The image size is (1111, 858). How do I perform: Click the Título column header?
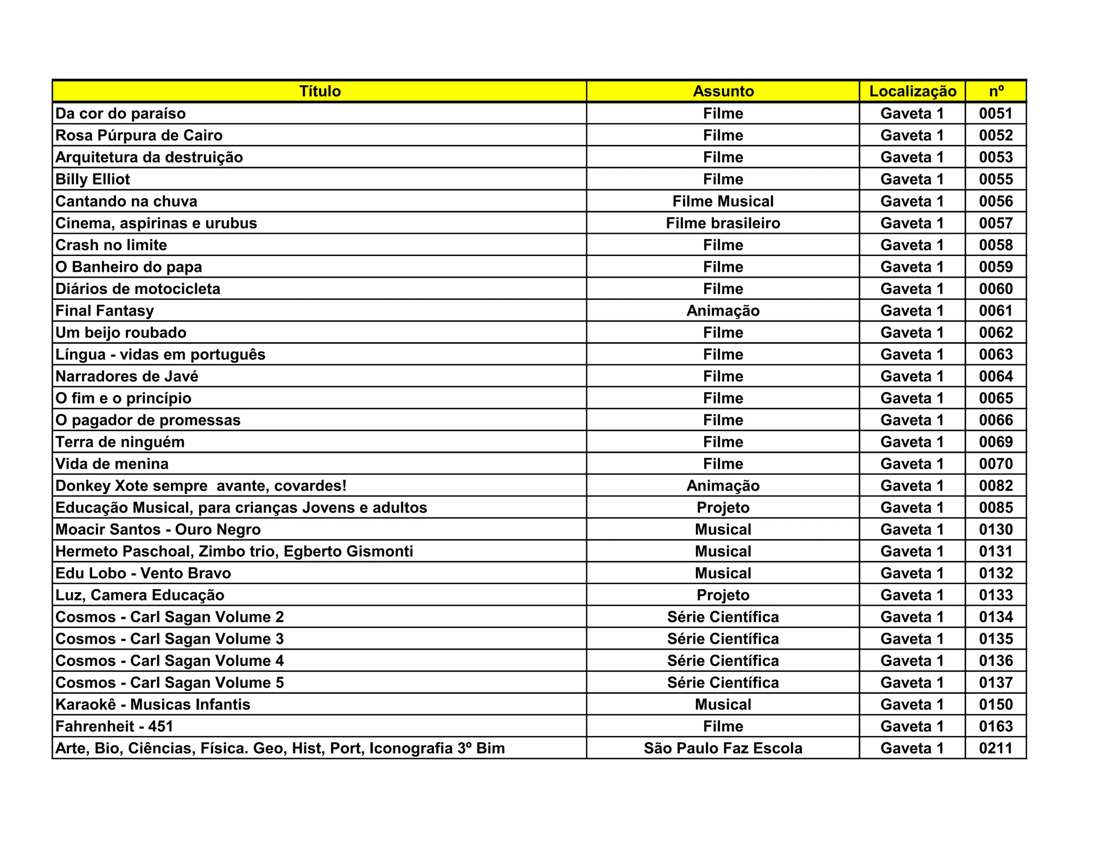coord(320,91)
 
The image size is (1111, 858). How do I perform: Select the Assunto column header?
coord(723,91)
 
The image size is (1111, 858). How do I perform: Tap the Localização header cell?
coord(912,91)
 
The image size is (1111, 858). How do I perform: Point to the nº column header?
coord(996,91)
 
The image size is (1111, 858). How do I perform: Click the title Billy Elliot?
coord(93,179)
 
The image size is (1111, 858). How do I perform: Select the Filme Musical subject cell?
coord(723,201)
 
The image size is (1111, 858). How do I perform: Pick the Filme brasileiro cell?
coord(723,223)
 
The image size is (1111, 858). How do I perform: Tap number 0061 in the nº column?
coord(996,311)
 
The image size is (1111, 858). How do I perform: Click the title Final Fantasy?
coord(105,311)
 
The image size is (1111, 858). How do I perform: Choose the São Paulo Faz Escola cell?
coord(723,748)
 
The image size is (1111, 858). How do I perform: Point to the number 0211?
coord(996,748)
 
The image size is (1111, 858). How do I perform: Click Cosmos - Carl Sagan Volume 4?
coord(170,661)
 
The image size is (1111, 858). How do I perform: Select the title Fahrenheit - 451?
coord(114,726)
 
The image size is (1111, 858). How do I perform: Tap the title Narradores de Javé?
coord(127,376)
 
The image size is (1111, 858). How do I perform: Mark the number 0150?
coord(996,705)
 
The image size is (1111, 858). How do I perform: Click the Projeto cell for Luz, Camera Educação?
coord(723,595)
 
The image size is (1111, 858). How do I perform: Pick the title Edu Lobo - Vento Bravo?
coord(143,573)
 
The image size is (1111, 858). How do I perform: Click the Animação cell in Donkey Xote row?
coord(723,485)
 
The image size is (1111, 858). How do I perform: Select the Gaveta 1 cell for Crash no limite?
coord(912,245)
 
